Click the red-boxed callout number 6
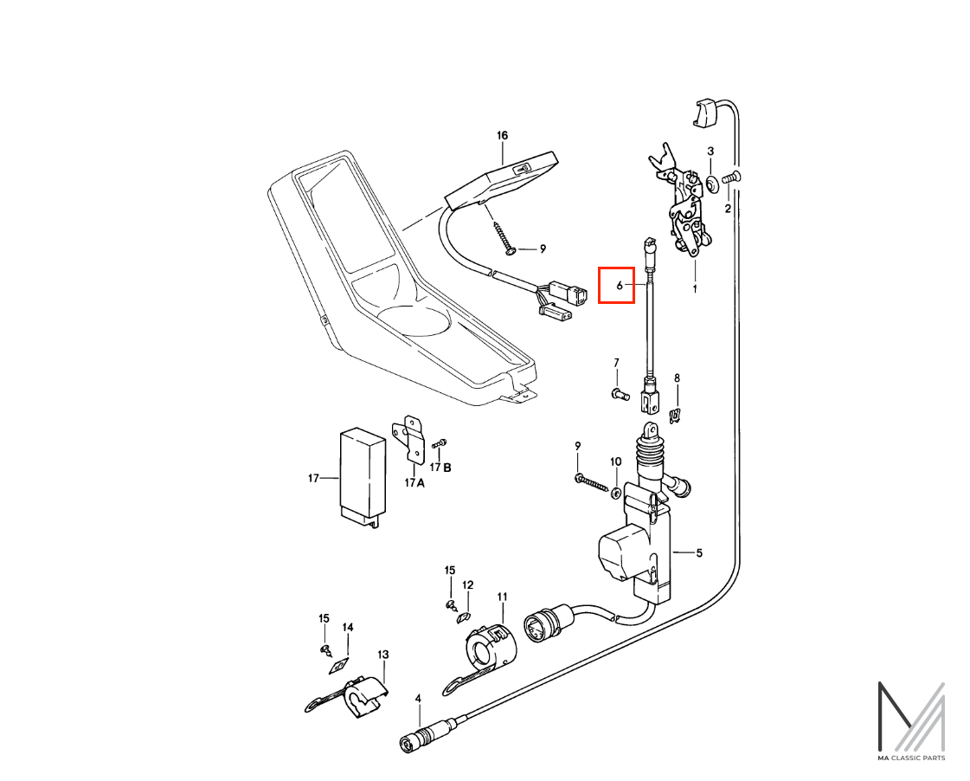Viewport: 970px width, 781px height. pyautogui.click(x=620, y=285)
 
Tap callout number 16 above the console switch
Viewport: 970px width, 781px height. pyautogui.click(x=502, y=136)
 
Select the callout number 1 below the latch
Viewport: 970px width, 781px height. pyautogui.click(x=695, y=288)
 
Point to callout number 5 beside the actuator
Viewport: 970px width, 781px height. pyautogui.click(x=699, y=552)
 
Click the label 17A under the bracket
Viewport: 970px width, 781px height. pyautogui.click(x=414, y=482)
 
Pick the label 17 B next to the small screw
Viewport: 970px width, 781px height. pyautogui.click(x=441, y=468)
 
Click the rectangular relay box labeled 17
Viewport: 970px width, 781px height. pyautogui.click(x=363, y=477)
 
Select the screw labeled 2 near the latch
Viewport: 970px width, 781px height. pyautogui.click(x=732, y=177)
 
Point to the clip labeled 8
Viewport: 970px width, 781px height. pyautogui.click(x=677, y=416)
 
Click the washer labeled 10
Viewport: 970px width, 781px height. pyautogui.click(x=616, y=493)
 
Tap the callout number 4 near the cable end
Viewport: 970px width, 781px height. pyautogui.click(x=418, y=699)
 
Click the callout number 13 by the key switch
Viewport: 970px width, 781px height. pyautogui.click(x=383, y=654)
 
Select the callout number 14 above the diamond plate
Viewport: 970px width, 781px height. pyautogui.click(x=348, y=628)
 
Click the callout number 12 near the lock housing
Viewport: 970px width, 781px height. pyautogui.click(x=467, y=584)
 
